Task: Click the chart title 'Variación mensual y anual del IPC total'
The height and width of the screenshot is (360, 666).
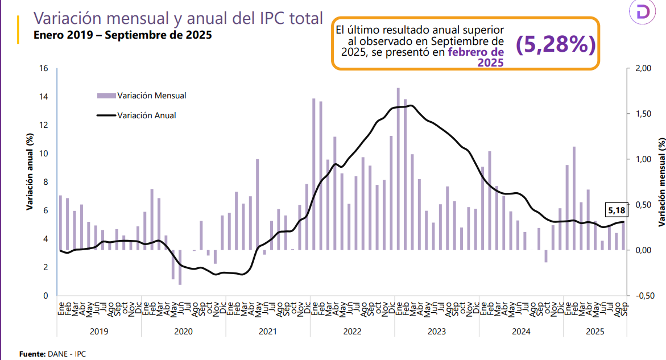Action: point(178,18)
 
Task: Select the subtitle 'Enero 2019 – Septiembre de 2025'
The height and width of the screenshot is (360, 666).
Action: point(122,35)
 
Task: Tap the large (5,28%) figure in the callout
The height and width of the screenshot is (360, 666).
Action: point(556,45)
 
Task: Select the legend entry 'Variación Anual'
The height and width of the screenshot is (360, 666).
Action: point(146,115)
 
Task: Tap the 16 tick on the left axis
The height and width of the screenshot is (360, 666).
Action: point(44,68)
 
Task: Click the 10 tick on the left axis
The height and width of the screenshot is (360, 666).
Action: point(44,154)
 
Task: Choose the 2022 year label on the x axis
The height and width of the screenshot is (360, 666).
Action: point(352,331)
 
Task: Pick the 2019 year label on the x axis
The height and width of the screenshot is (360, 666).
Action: point(98,331)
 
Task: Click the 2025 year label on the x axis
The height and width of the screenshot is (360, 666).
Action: point(594,331)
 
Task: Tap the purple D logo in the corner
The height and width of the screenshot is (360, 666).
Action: point(644,13)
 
